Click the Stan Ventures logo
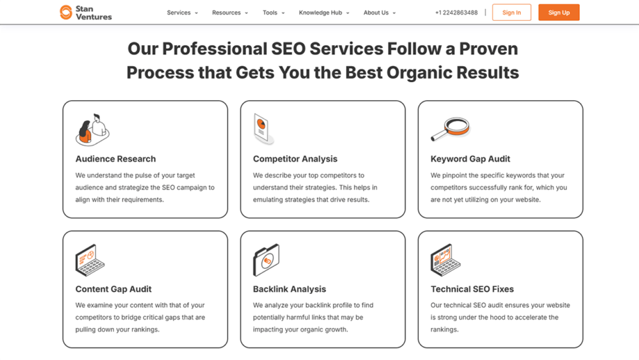click(x=85, y=13)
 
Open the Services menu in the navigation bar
click(x=182, y=13)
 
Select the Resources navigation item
click(x=230, y=13)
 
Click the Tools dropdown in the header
click(x=273, y=13)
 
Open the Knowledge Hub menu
click(x=324, y=13)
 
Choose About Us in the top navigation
click(x=379, y=13)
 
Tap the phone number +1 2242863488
click(x=456, y=13)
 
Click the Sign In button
click(x=511, y=13)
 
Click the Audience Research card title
click(x=115, y=159)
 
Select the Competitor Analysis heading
click(x=295, y=159)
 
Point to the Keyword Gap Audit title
click(x=470, y=159)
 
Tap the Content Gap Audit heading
click(x=113, y=289)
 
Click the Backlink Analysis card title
click(x=290, y=289)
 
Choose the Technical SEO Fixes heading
click(x=472, y=289)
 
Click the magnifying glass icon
click(x=450, y=129)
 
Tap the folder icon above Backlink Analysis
click(x=266, y=260)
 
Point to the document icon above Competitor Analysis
click(x=263, y=129)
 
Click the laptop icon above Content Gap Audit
click(x=90, y=260)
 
